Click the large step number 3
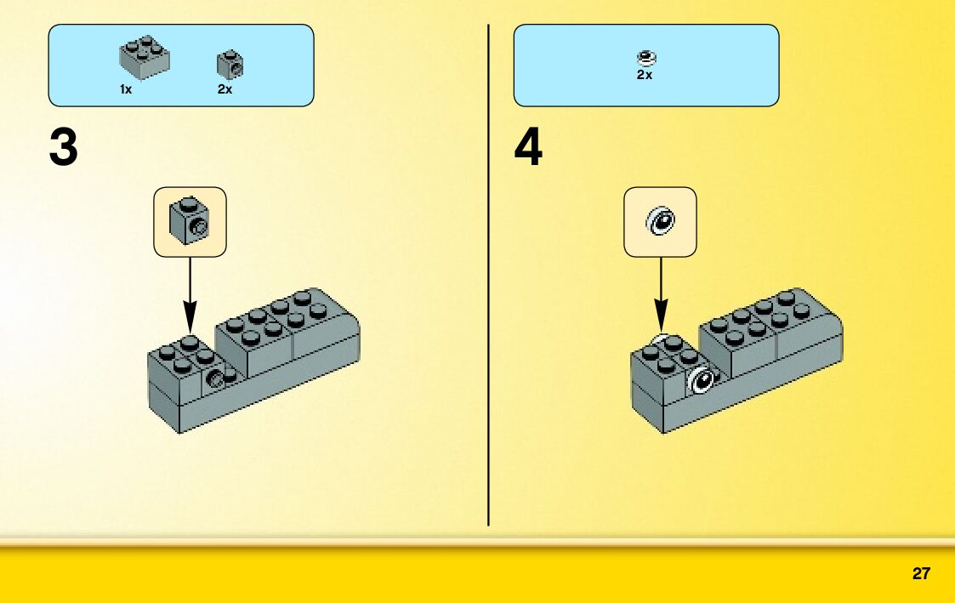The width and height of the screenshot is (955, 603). [64, 148]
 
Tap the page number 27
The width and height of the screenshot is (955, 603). [921, 574]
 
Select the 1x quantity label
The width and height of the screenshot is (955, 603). [126, 89]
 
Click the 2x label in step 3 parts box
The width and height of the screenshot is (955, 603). [225, 89]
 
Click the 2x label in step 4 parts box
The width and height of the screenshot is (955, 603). [645, 75]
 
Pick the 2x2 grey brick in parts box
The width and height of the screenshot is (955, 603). [144, 56]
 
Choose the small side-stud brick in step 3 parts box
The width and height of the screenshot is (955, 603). [230, 64]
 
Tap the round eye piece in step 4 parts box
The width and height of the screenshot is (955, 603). [646, 58]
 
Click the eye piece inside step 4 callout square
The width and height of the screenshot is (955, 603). [660, 222]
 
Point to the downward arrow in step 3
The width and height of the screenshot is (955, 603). [190, 289]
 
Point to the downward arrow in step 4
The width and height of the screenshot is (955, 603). [661, 289]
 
